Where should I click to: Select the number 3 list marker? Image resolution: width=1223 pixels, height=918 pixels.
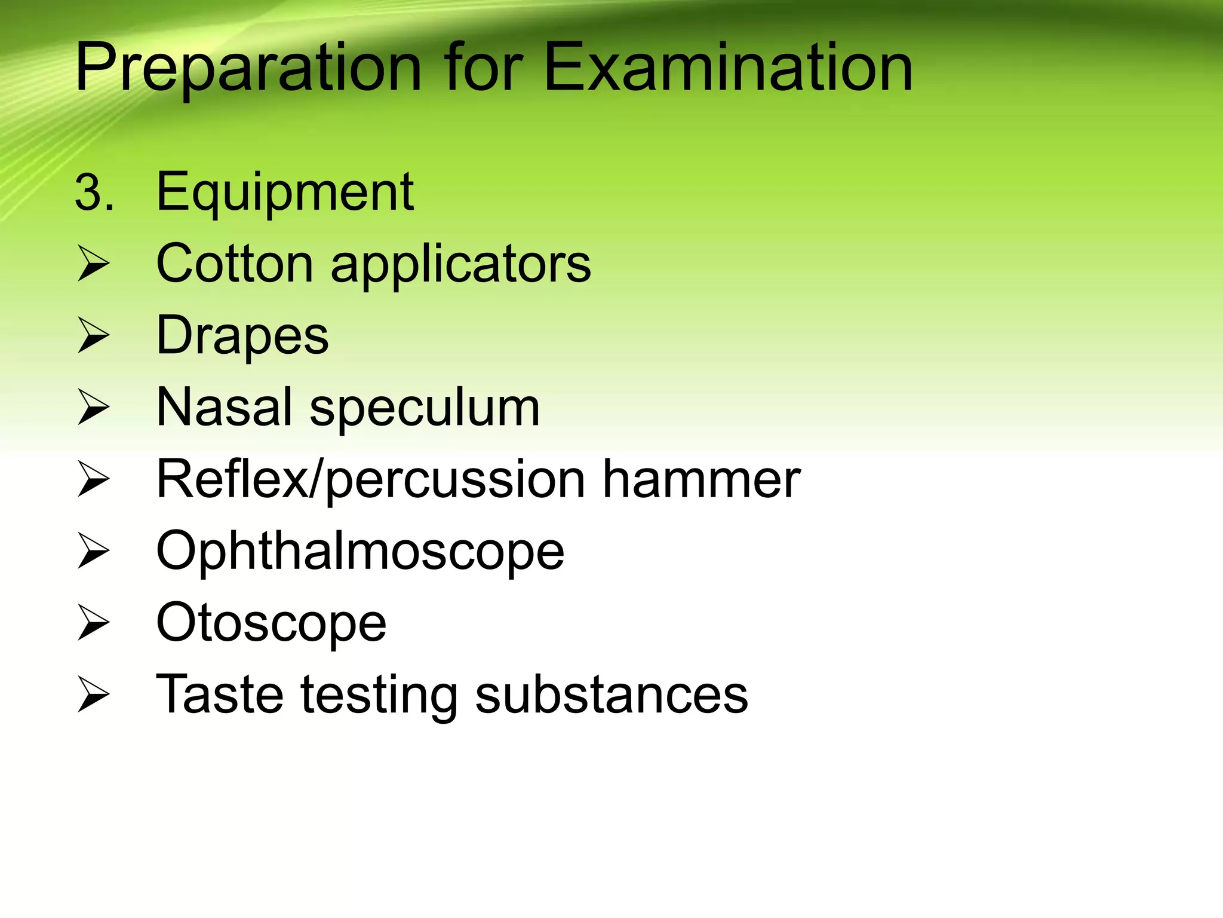tap(93, 194)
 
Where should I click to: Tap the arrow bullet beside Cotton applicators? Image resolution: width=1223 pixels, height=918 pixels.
tap(94, 265)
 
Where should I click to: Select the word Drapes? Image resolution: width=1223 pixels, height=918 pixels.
tap(242, 336)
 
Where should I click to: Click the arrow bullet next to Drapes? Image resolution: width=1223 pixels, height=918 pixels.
tap(94, 336)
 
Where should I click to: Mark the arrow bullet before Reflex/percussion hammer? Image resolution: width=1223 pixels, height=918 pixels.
tap(94, 480)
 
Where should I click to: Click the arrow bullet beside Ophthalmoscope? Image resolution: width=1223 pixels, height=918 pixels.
tap(94, 552)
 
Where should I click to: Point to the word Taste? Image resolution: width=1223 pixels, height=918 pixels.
tap(220, 694)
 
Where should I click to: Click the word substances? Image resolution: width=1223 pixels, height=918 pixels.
tap(611, 694)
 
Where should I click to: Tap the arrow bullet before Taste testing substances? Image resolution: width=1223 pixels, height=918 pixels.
tap(94, 695)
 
